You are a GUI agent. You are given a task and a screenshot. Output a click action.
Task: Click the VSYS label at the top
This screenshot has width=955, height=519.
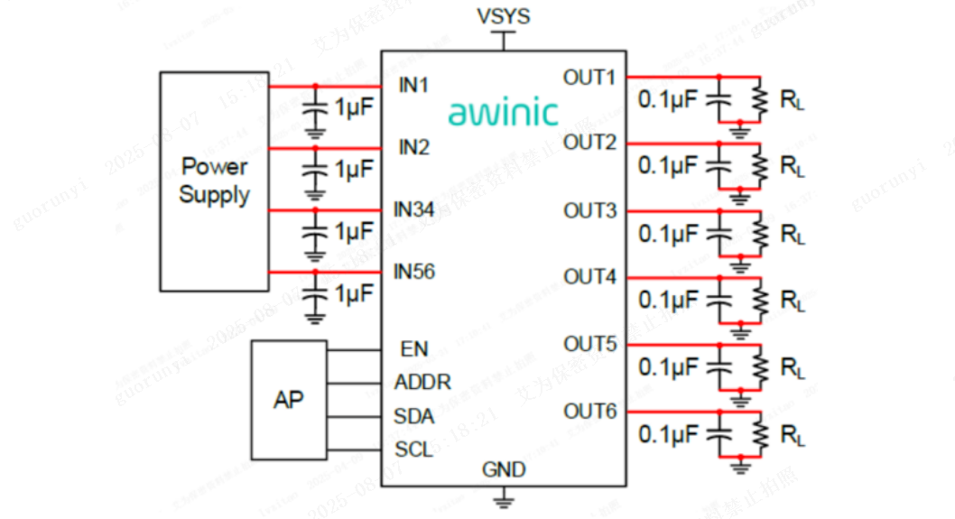[503, 16]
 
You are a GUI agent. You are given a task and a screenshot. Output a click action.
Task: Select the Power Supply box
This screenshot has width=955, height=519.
[214, 181]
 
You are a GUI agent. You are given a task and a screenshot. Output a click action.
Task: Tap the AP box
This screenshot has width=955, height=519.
[289, 399]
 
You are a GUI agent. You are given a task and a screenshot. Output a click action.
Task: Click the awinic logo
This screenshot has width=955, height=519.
[503, 113]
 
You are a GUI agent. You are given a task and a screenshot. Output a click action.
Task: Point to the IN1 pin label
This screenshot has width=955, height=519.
[414, 86]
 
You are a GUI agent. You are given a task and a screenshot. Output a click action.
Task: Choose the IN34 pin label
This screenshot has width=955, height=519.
[414, 209]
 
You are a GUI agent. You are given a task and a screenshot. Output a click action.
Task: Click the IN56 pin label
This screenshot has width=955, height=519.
[414, 271]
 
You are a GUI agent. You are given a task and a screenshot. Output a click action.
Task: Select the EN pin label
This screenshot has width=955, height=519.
[414, 348]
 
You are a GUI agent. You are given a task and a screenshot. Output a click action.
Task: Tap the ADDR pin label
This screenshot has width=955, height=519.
[422, 383]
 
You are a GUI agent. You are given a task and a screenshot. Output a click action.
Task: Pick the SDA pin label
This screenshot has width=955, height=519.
[414, 416]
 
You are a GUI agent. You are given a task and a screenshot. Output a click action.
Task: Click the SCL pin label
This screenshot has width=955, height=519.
[414, 449]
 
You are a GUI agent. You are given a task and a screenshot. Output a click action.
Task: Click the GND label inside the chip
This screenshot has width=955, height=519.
[504, 470]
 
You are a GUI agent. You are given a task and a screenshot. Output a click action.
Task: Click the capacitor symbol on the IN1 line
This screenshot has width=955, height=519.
[315, 107]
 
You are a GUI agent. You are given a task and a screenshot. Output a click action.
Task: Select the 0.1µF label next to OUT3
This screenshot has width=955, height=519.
[668, 234]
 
